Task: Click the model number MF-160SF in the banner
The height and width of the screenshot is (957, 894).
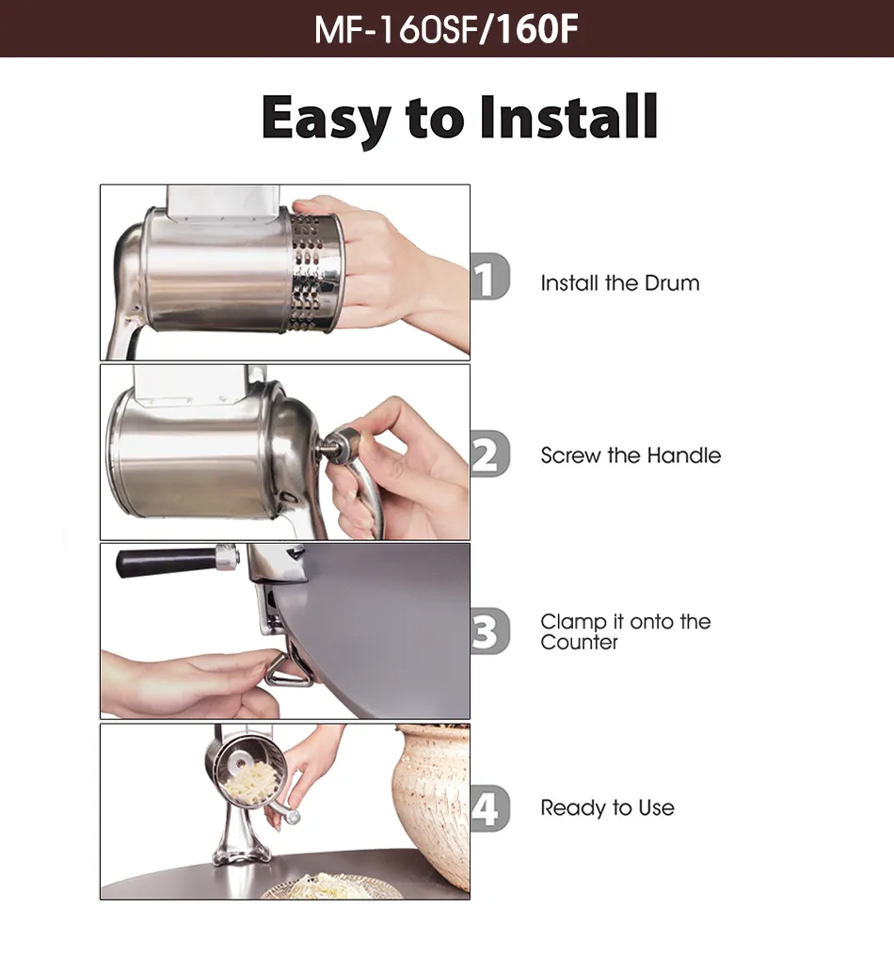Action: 395,29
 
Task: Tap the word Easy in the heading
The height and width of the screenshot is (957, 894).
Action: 327,119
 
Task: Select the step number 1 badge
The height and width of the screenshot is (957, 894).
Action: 490,277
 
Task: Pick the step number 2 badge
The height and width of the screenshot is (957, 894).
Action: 490,454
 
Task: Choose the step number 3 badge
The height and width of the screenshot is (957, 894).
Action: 490,631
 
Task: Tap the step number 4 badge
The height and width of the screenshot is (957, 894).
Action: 490,808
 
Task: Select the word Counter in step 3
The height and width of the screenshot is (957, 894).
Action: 579,642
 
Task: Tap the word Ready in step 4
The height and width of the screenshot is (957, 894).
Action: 572,808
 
